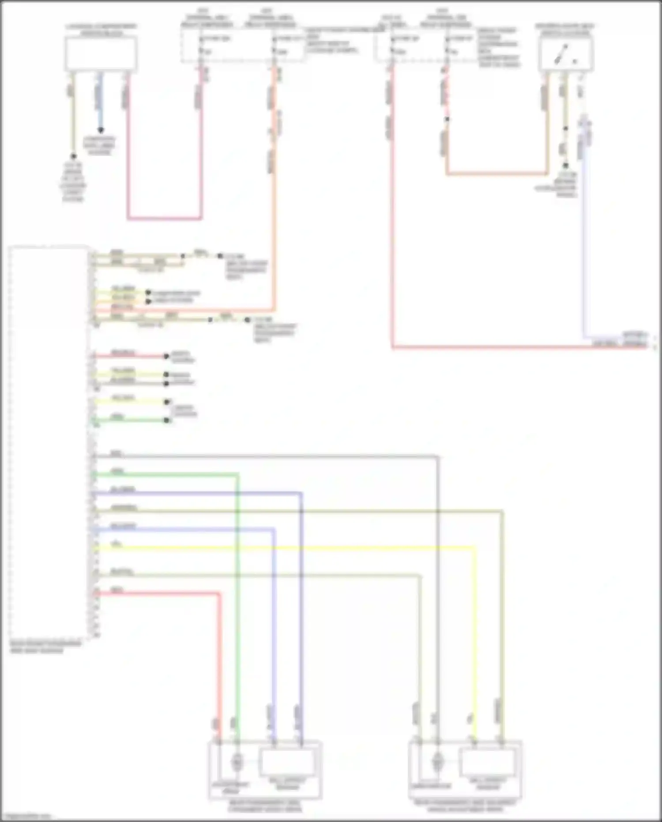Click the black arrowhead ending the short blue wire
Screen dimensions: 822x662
click(x=101, y=130)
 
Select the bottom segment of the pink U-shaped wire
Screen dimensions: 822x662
click(x=165, y=218)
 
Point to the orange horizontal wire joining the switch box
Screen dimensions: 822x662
click(x=496, y=174)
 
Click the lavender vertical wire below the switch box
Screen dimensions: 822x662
click(x=584, y=247)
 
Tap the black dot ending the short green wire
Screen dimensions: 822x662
click(x=167, y=420)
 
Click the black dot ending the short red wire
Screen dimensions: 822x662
click(x=166, y=356)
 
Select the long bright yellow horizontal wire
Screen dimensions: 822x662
click(x=282, y=548)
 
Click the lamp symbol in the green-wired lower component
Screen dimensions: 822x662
click(x=237, y=762)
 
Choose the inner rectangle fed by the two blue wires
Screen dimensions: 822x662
click(x=287, y=762)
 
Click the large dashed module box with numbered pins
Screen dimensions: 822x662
click(x=49, y=442)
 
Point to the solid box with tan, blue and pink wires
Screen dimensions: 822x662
click(x=101, y=53)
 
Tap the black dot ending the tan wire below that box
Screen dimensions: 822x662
click(x=73, y=156)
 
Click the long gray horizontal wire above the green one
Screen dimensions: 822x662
click(x=265, y=456)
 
